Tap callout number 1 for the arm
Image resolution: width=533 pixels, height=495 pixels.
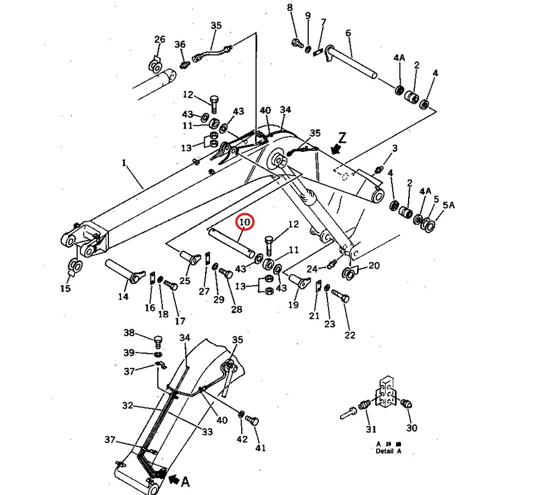pos(123,163)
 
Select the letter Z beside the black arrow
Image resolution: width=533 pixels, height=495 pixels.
pos(342,137)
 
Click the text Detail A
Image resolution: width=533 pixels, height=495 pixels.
pos(388,451)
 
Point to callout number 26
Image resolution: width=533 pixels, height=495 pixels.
pos(160,39)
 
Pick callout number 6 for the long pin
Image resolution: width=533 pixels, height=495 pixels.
pos(348,33)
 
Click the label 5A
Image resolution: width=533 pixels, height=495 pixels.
pos(448,205)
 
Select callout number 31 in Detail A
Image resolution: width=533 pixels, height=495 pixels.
pos(371,429)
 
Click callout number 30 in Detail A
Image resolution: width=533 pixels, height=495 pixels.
pos(412,428)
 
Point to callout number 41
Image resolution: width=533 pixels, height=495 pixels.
pos(260,449)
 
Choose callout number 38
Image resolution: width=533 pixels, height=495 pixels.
pos(129,333)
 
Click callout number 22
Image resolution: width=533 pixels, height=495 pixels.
pos(350,335)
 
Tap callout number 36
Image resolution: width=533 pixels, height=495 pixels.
pos(180,45)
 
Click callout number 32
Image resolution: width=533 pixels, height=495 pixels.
pos(127,405)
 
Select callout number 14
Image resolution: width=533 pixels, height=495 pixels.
pos(123,296)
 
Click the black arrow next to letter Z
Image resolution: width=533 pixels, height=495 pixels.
pos(336,149)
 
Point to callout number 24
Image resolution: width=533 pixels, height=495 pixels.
pos(312,268)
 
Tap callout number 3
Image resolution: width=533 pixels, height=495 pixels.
pos(394,149)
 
